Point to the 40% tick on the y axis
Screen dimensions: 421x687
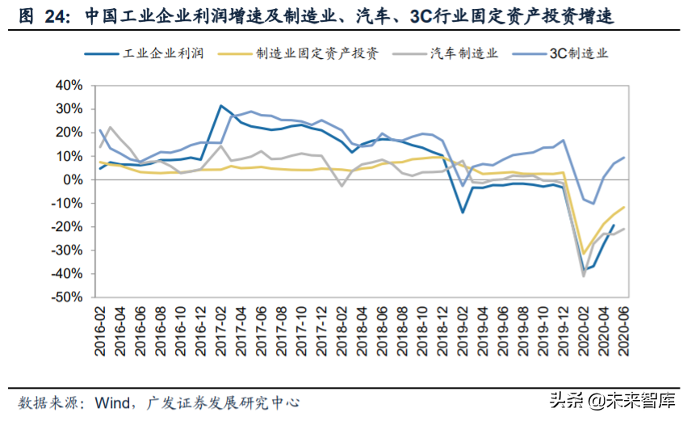coord(67,85)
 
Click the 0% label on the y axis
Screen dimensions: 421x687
coord(72,179)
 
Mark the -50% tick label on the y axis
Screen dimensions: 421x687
coord(65,297)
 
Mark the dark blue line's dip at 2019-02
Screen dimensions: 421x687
coord(463,213)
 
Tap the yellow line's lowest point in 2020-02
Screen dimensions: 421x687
coord(584,255)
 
